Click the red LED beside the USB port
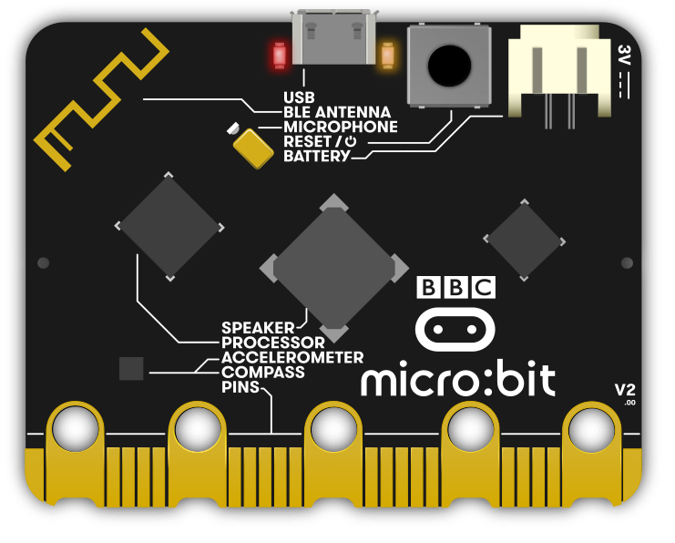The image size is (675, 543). pos(280,55)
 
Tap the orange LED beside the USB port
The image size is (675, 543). pos(387,55)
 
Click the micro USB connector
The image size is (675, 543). pos(333,37)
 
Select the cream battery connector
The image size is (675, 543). pos(559,71)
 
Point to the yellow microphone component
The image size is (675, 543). pos(253,149)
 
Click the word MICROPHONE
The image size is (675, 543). pos(341,127)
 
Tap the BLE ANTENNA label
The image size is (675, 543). pos(337,112)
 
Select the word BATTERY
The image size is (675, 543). pos(317,156)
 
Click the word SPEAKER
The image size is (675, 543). pos(258,328)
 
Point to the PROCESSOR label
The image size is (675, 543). pos(273,343)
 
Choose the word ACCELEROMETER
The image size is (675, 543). pos(292,357)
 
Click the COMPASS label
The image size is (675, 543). pos(263,372)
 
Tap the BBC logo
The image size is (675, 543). pos(455,287)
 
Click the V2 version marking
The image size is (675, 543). pos(625,390)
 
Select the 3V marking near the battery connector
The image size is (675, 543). pos(623,55)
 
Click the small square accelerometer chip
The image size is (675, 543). pos(131,369)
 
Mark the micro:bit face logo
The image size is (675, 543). pos(455,330)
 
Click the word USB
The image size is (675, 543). pos(299,97)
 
